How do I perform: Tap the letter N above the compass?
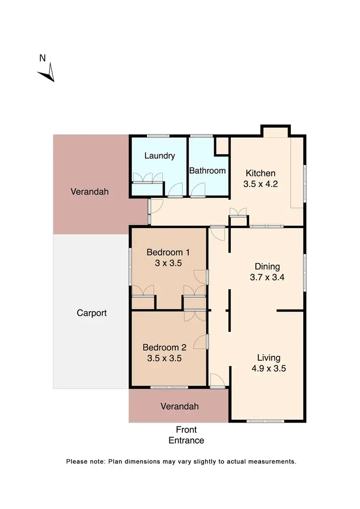coord(42,59)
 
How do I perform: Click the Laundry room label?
coord(159,156)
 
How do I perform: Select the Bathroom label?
coord(207,170)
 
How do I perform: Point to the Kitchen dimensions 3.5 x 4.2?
coord(261,183)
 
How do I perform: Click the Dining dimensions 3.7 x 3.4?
coord(267,277)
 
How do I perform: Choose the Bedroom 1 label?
coord(165,252)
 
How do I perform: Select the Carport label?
coord(92,313)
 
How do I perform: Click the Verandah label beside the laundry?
coord(90,192)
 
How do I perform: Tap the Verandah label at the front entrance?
coord(180,406)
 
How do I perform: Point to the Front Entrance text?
coord(186,435)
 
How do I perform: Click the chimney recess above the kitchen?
coord(275,131)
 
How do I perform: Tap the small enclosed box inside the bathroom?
coord(222,146)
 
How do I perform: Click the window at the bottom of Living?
coord(265,421)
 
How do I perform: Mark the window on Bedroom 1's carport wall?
coord(130,267)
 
